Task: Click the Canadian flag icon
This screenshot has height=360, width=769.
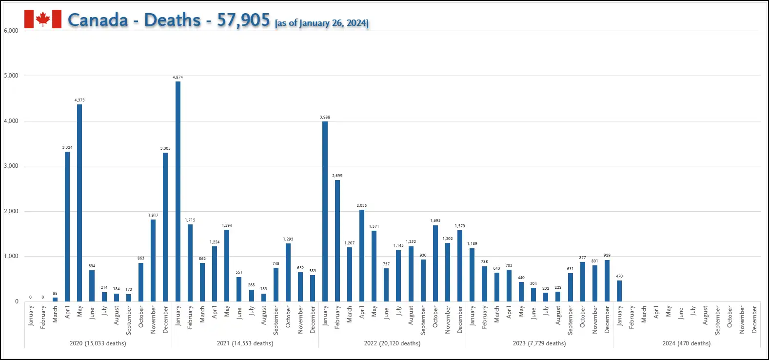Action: click(x=43, y=19)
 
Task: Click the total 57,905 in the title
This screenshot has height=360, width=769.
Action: click(x=243, y=20)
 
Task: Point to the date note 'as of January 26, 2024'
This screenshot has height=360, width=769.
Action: click(x=322, y=23)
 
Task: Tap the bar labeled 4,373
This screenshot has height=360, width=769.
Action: click(x=79, y=202)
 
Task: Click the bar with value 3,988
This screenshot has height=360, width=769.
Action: click(x=325, y=211)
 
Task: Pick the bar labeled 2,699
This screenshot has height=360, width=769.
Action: click(x=337, y=240)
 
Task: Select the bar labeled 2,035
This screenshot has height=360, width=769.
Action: click(x=362, y=255)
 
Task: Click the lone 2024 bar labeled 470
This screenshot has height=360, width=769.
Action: click(x=619, y=291)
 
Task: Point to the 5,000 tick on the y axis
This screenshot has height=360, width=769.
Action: click(x=11, y=76)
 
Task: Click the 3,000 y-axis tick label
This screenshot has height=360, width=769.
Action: click(x=11, y=166)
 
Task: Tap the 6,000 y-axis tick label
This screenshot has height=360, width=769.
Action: click(x=11, y=31)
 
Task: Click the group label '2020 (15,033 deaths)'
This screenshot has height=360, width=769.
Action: click(x=98, y=343)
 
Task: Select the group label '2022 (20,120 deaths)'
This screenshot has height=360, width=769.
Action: click(x=392, y=343)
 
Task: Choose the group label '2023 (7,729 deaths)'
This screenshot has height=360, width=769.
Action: click(x=539, y=343)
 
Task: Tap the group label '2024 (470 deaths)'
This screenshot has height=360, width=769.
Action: click(x=687, y=343)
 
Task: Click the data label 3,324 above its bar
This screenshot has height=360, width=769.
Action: click(x=67, y=147)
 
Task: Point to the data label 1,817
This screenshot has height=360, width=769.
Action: click(x=153, y=215)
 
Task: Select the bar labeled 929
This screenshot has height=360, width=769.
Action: click(x=607, y=280)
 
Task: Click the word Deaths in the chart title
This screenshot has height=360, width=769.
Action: click(x=173, y=20)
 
